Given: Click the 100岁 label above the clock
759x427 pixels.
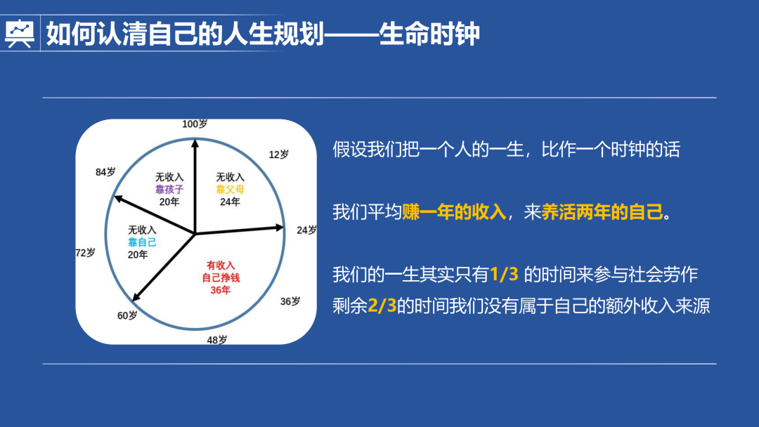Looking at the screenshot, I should point(195,124).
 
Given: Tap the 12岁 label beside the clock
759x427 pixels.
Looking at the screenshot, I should point(279,155).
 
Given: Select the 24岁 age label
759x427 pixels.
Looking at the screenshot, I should point(306,230).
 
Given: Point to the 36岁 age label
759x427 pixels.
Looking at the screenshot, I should point(290,301).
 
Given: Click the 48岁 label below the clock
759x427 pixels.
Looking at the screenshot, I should point(216,340).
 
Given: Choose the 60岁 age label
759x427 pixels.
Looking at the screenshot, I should point(127,315).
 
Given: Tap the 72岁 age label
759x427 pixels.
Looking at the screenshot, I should point(85,253).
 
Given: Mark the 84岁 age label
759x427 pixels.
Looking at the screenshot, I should point(105,172).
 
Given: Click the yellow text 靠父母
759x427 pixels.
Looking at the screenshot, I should point(230,189).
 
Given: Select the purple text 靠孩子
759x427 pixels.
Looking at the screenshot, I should point(169,189).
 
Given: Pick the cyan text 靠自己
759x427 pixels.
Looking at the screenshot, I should point(142,242).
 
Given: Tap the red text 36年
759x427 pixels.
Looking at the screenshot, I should point(220,289).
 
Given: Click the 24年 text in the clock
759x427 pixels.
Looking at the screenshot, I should point(230,202).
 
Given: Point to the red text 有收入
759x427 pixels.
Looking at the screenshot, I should point(220,265).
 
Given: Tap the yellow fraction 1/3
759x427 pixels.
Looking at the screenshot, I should point(504,275).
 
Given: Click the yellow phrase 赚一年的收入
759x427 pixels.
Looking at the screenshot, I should point(455,212).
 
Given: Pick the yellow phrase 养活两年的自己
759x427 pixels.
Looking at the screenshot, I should point(603,212).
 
